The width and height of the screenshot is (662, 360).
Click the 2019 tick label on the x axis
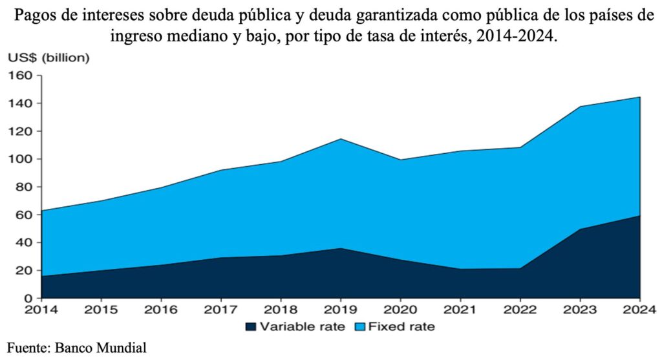(x=341, y=310)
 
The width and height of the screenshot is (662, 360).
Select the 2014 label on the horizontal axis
(x=41, y=310)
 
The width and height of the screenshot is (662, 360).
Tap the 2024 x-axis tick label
(x=640, y=310)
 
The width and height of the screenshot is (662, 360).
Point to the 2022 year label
(x=520, y=310)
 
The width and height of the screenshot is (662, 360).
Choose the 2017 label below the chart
(x=221, y=310)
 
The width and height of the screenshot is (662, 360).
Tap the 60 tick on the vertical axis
(x=25, y=215)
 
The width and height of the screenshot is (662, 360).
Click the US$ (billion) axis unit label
(x=48, y=58)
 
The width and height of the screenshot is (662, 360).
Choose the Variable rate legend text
(x=300, y=327)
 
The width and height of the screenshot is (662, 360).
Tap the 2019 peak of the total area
(x=341, y=139)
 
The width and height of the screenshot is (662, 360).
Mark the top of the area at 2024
(x=639, y=98)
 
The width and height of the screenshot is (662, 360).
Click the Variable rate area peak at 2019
(x=341, y=248)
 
